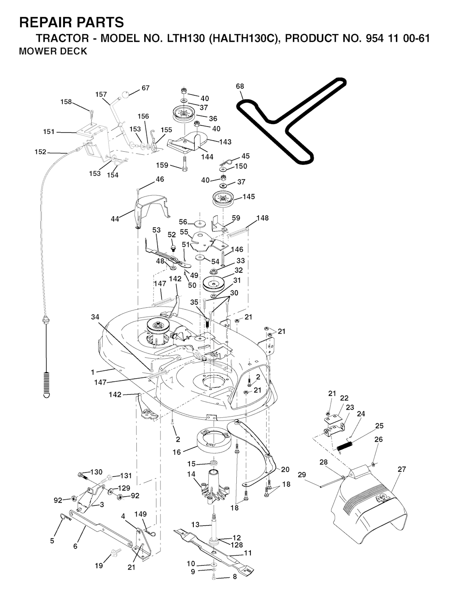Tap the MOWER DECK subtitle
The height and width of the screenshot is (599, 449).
click(x=53, y=51)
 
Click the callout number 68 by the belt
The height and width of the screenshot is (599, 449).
click(x=240, y=86)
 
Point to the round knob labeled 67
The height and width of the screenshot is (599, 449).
click(x=126, y=93)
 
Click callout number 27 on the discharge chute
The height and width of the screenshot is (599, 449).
click(x=402, y=469)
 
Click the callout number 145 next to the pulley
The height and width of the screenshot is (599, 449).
click(x=249, y=197)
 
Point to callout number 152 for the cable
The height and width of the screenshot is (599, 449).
click(x=40, y=152)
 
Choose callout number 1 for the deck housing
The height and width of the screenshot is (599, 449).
click(x=93, y=372)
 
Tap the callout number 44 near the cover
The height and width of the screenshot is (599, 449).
click(x=115, y=219)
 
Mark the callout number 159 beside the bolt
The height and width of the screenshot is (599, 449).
click(x=162, y=165)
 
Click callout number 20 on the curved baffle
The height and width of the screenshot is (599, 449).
click(x=285, y=470)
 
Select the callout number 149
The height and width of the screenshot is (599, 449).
click(x=141, y=514)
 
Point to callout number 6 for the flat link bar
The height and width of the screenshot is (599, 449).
click(x=75, y=546)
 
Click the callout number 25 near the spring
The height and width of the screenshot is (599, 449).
click(x=379, y=426)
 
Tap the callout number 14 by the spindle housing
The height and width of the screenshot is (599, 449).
click(x=191, y=474)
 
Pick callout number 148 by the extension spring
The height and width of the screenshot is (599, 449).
click(x=263, y=218)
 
